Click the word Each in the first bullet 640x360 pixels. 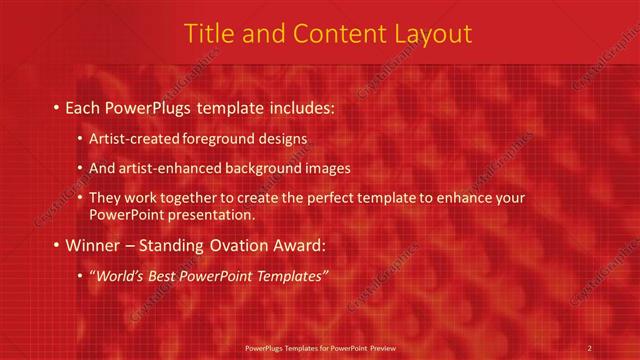82,107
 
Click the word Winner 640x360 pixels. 92,245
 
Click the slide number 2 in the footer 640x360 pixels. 590,347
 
